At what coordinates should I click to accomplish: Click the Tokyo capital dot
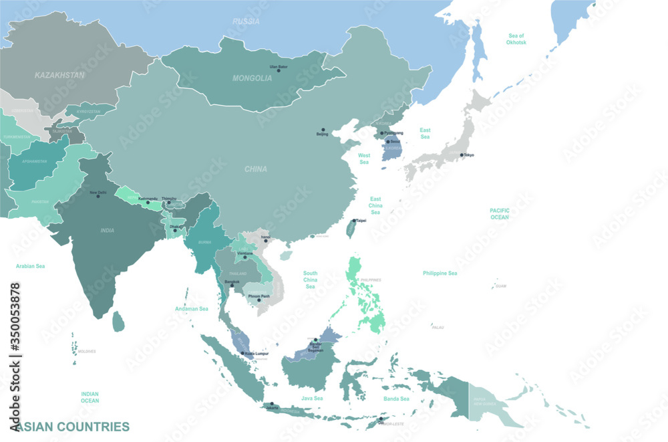point(462,155)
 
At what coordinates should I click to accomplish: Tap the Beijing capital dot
point(322,129)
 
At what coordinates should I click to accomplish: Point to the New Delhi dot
point(98,196)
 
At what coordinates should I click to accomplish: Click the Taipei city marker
point(355,221)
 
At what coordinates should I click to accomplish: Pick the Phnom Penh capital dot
point(259,300)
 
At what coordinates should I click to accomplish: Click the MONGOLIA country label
point(252,78)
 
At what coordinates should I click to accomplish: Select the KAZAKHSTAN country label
point(59,76)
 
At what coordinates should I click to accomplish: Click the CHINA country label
point(255,169)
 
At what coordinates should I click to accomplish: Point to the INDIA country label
point(107,231)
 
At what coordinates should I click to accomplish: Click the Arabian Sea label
point(30,266)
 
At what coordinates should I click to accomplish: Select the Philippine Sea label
point(440,273)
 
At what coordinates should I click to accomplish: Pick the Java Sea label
point(312,399)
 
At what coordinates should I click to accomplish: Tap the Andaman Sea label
point(192,309)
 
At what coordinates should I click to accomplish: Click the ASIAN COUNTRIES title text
point(71,426)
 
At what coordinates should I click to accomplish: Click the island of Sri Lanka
point(118,322)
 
